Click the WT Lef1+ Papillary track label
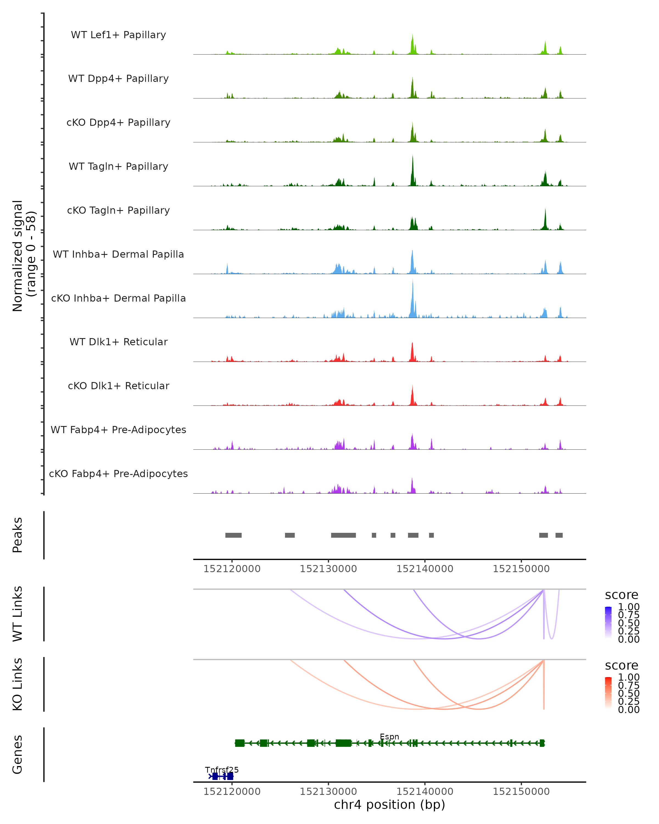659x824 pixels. (118, 35)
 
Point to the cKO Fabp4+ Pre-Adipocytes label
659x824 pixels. (118, 474)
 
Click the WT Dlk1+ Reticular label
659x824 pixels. (118, 342)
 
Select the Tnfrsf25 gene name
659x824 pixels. (222, 770)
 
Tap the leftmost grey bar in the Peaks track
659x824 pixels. (233, 535)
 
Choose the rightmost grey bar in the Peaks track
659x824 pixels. (559, 535)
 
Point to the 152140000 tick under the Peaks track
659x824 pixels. (425, 569)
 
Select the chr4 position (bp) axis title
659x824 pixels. (389, 805)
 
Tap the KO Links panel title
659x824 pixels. (18, 684)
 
